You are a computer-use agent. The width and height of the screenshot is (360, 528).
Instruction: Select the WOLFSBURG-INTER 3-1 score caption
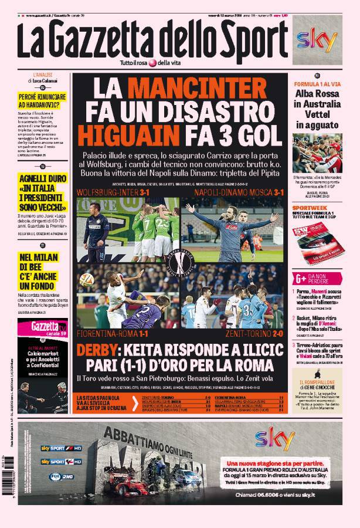coord(110,192)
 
